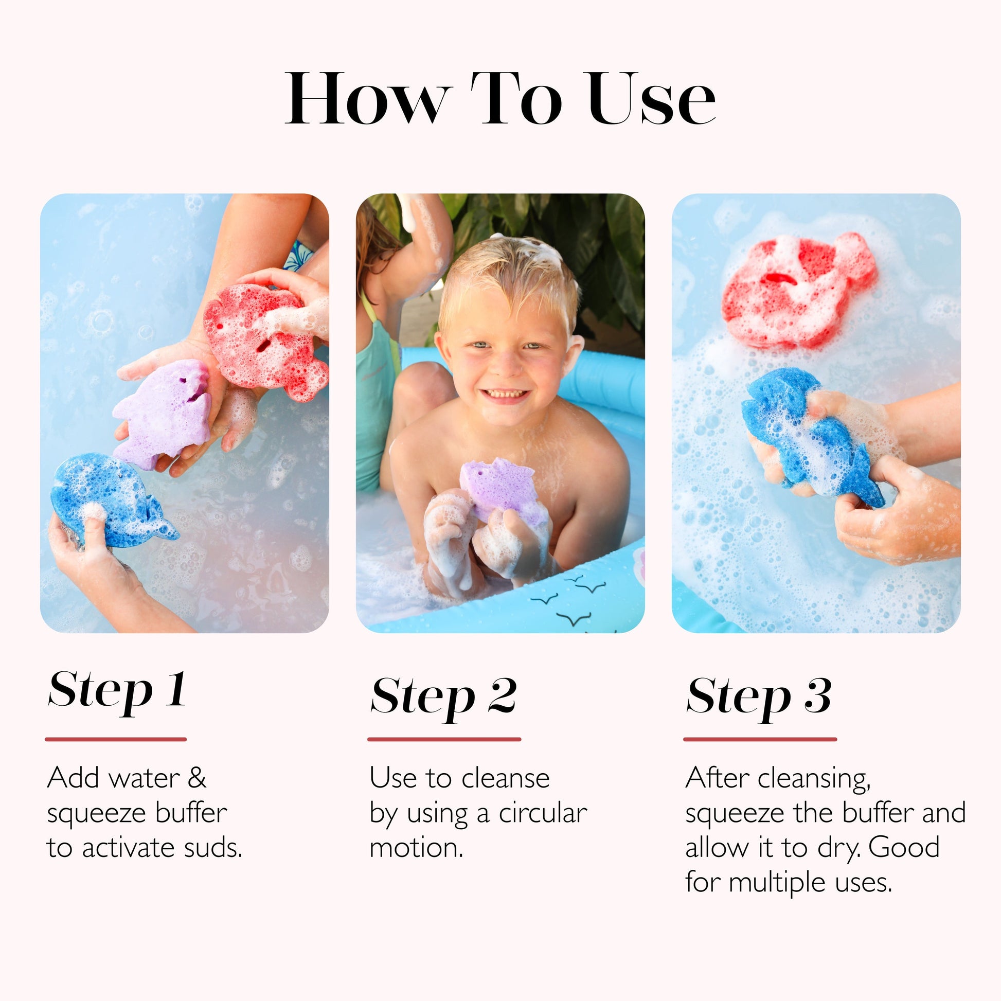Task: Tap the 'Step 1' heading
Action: [x=118, y=691]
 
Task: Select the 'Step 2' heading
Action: [x=443, y=697]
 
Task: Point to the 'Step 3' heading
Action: [x=759, y=697]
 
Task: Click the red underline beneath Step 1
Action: [x=116, y=739]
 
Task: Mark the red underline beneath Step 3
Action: [x=760, y=739]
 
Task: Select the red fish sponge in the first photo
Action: [x=264, y=339]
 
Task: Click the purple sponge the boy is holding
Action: [x=500, y=487]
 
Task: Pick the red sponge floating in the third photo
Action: [x=798, y=290]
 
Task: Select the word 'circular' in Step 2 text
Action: [x=543, y=813]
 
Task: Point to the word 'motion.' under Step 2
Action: [x=416, y=848]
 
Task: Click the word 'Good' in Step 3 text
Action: [x=904, y=848]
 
